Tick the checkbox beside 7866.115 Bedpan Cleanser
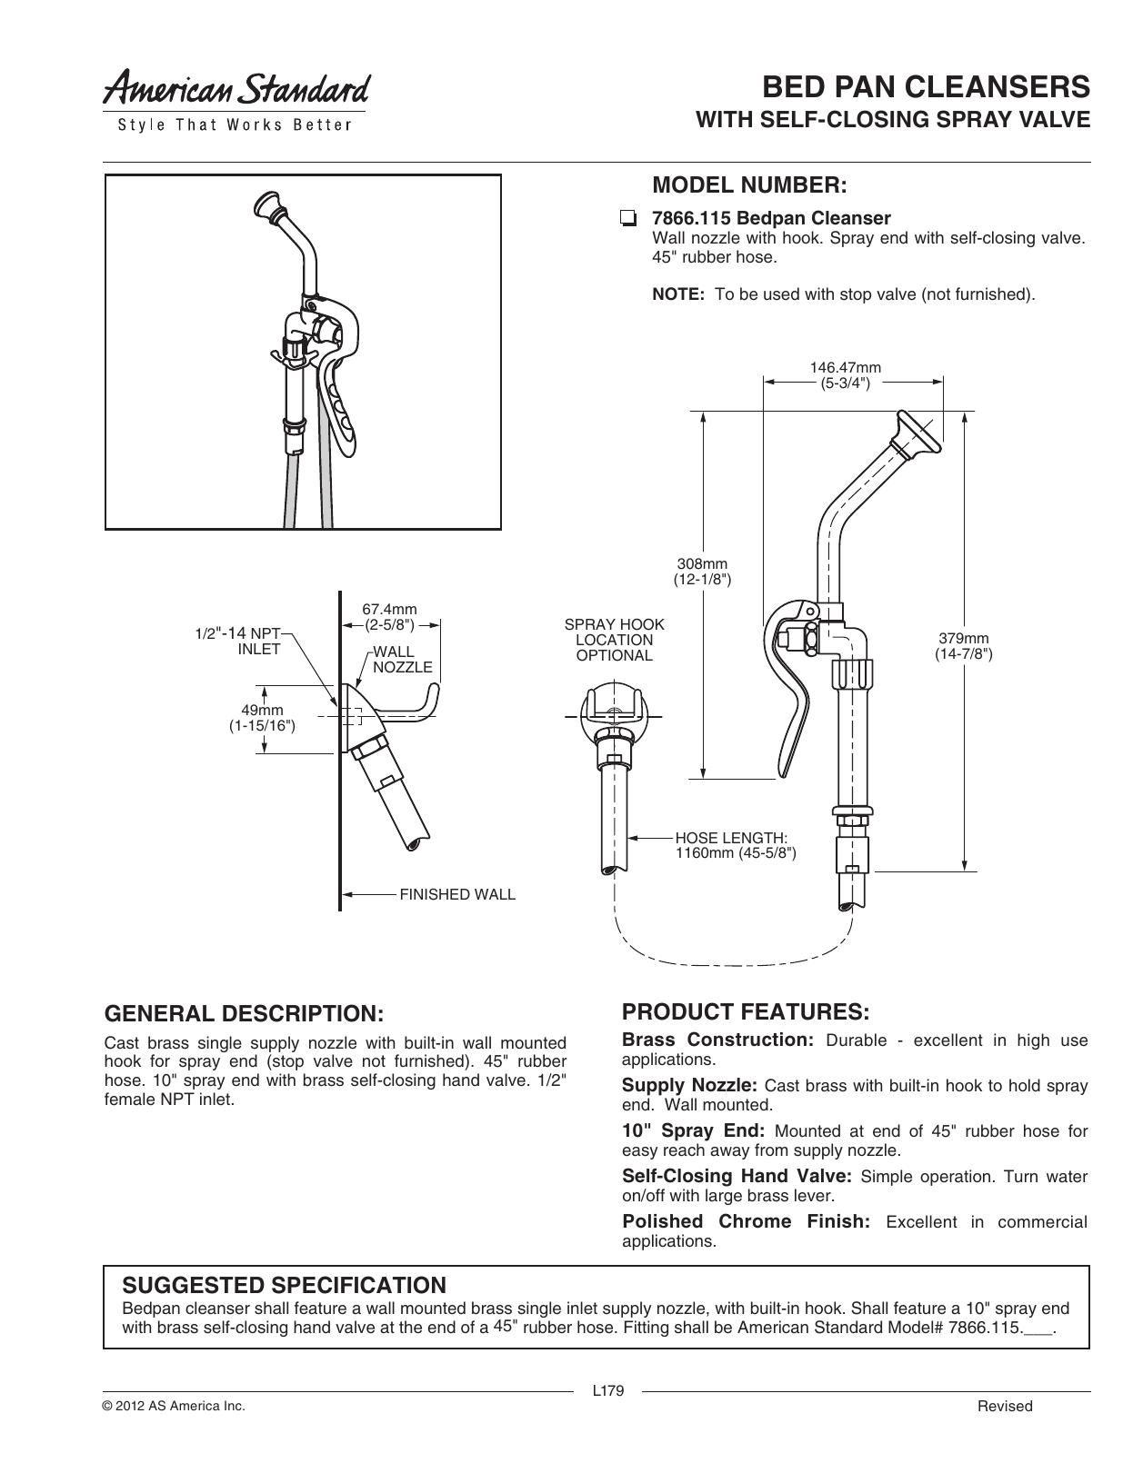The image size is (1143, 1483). click(x=628, y=219)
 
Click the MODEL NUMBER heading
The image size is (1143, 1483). click(x=749, y=185)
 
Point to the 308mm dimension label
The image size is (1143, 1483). click(x=702, y=572)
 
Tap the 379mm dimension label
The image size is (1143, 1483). click(x=964, y=646)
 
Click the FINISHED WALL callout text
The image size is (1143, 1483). click(x=457, y=895)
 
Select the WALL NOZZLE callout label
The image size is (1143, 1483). click(x=403, y=660)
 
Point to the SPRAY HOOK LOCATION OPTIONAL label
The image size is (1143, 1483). click(x=615, y=640)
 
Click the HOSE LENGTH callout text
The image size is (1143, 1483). click(x=736, y=846)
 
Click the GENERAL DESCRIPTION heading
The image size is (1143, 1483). click(x=245, y=1013)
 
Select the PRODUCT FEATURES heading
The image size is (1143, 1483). click(x=746, y=1011)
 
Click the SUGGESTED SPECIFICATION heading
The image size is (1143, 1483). click(x=284, y=1285)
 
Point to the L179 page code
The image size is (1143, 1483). click(x=608, y=1391)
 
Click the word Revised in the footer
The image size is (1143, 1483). click(x=1005, y=1406)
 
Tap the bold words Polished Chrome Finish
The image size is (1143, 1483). click(x=747, y=1221)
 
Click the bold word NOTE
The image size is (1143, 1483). click(x=678, y=294)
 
